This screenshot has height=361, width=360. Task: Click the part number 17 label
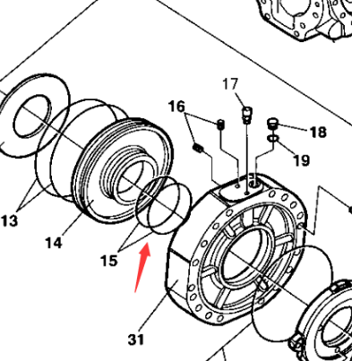click(x=231, y=85)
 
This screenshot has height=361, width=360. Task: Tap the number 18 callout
click(x=318, y=132)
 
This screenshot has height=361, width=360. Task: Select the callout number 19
click(x=301, y=161)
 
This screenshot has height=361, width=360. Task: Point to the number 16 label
click(x=176, y=107)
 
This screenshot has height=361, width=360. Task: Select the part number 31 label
click(x=135, y=340)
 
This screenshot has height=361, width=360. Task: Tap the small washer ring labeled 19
click(x=272, y=140)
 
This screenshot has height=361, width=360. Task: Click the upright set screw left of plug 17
click(x=219, y=124)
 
